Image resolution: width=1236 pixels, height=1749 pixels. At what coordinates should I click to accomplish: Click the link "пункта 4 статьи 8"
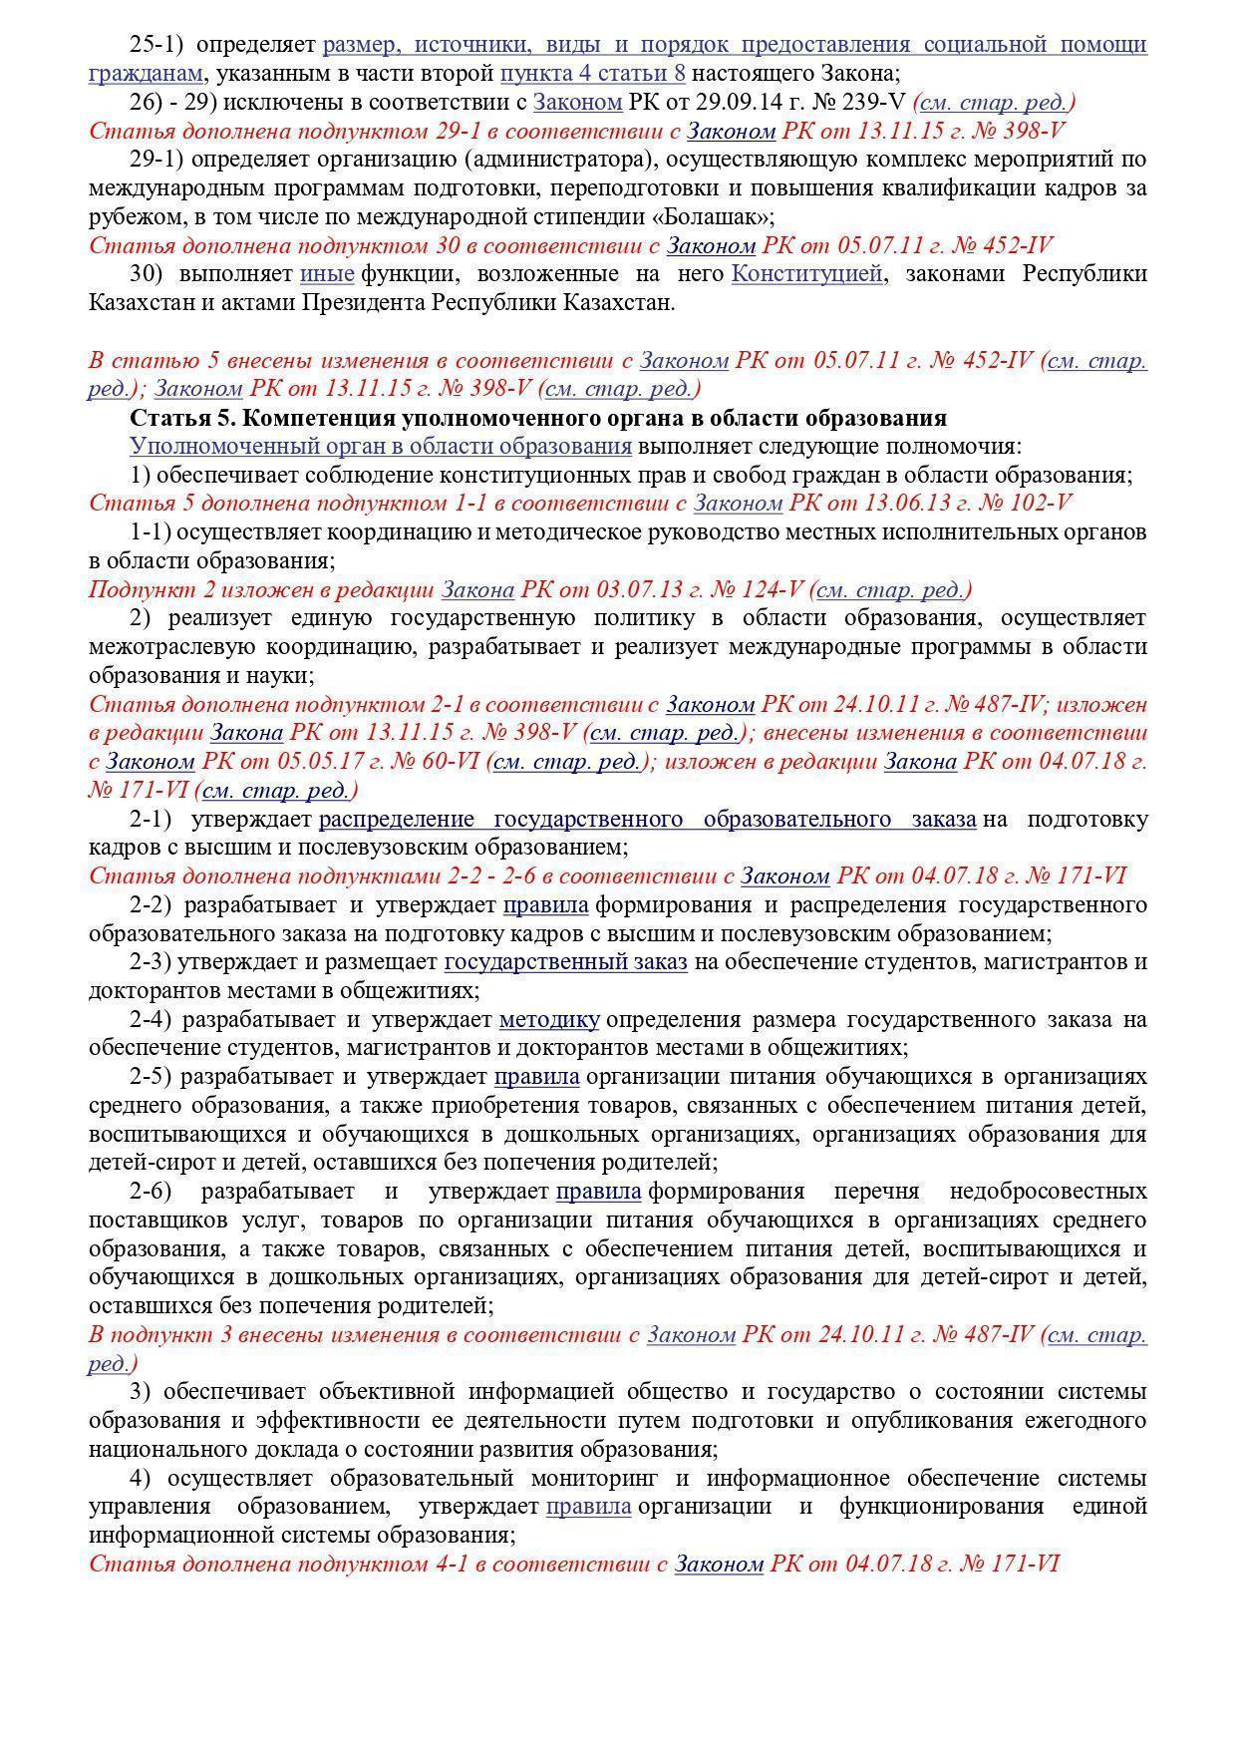coord(592,73)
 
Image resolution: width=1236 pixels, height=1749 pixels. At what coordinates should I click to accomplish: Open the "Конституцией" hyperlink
coord(807,273)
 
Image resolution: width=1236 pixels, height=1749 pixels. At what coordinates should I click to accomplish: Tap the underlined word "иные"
coord(327,273)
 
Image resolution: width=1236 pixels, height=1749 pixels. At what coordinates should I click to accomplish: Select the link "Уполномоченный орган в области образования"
coord(380,446)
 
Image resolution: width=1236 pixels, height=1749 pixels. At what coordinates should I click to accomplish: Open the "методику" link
coord(549,1019)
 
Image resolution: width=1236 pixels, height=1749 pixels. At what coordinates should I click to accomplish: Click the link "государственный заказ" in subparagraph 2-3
coord(565,962)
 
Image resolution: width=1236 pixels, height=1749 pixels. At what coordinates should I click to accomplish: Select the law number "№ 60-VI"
coord(437,762)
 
